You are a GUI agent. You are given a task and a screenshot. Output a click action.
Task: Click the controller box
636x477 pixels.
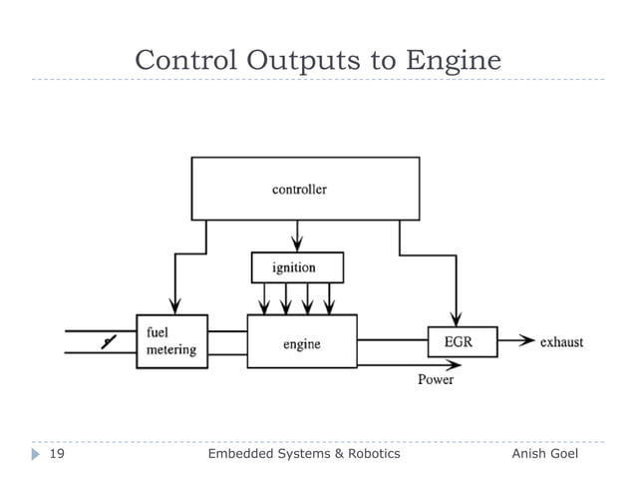(x=299, y=188)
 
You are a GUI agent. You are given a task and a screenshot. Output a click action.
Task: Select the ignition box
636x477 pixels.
(x=295, y=267)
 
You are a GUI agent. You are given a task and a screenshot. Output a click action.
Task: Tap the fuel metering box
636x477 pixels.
(x=171, y=341)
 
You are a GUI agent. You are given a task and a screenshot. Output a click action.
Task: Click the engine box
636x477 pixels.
(x=301, y=342)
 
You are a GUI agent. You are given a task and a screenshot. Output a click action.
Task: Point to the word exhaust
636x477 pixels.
(x=561, y=342)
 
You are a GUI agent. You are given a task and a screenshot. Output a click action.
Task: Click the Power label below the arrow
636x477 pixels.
(x=435, y=380)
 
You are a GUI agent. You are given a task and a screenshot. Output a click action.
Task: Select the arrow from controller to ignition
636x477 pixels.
(x=295, y=236)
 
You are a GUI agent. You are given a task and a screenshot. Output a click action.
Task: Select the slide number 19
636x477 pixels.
(x=57, y=453)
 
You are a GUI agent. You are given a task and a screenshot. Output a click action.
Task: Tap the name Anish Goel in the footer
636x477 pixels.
(x=550, y=453)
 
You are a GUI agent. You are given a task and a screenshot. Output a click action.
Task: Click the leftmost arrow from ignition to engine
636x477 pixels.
(x=263, y=298)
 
